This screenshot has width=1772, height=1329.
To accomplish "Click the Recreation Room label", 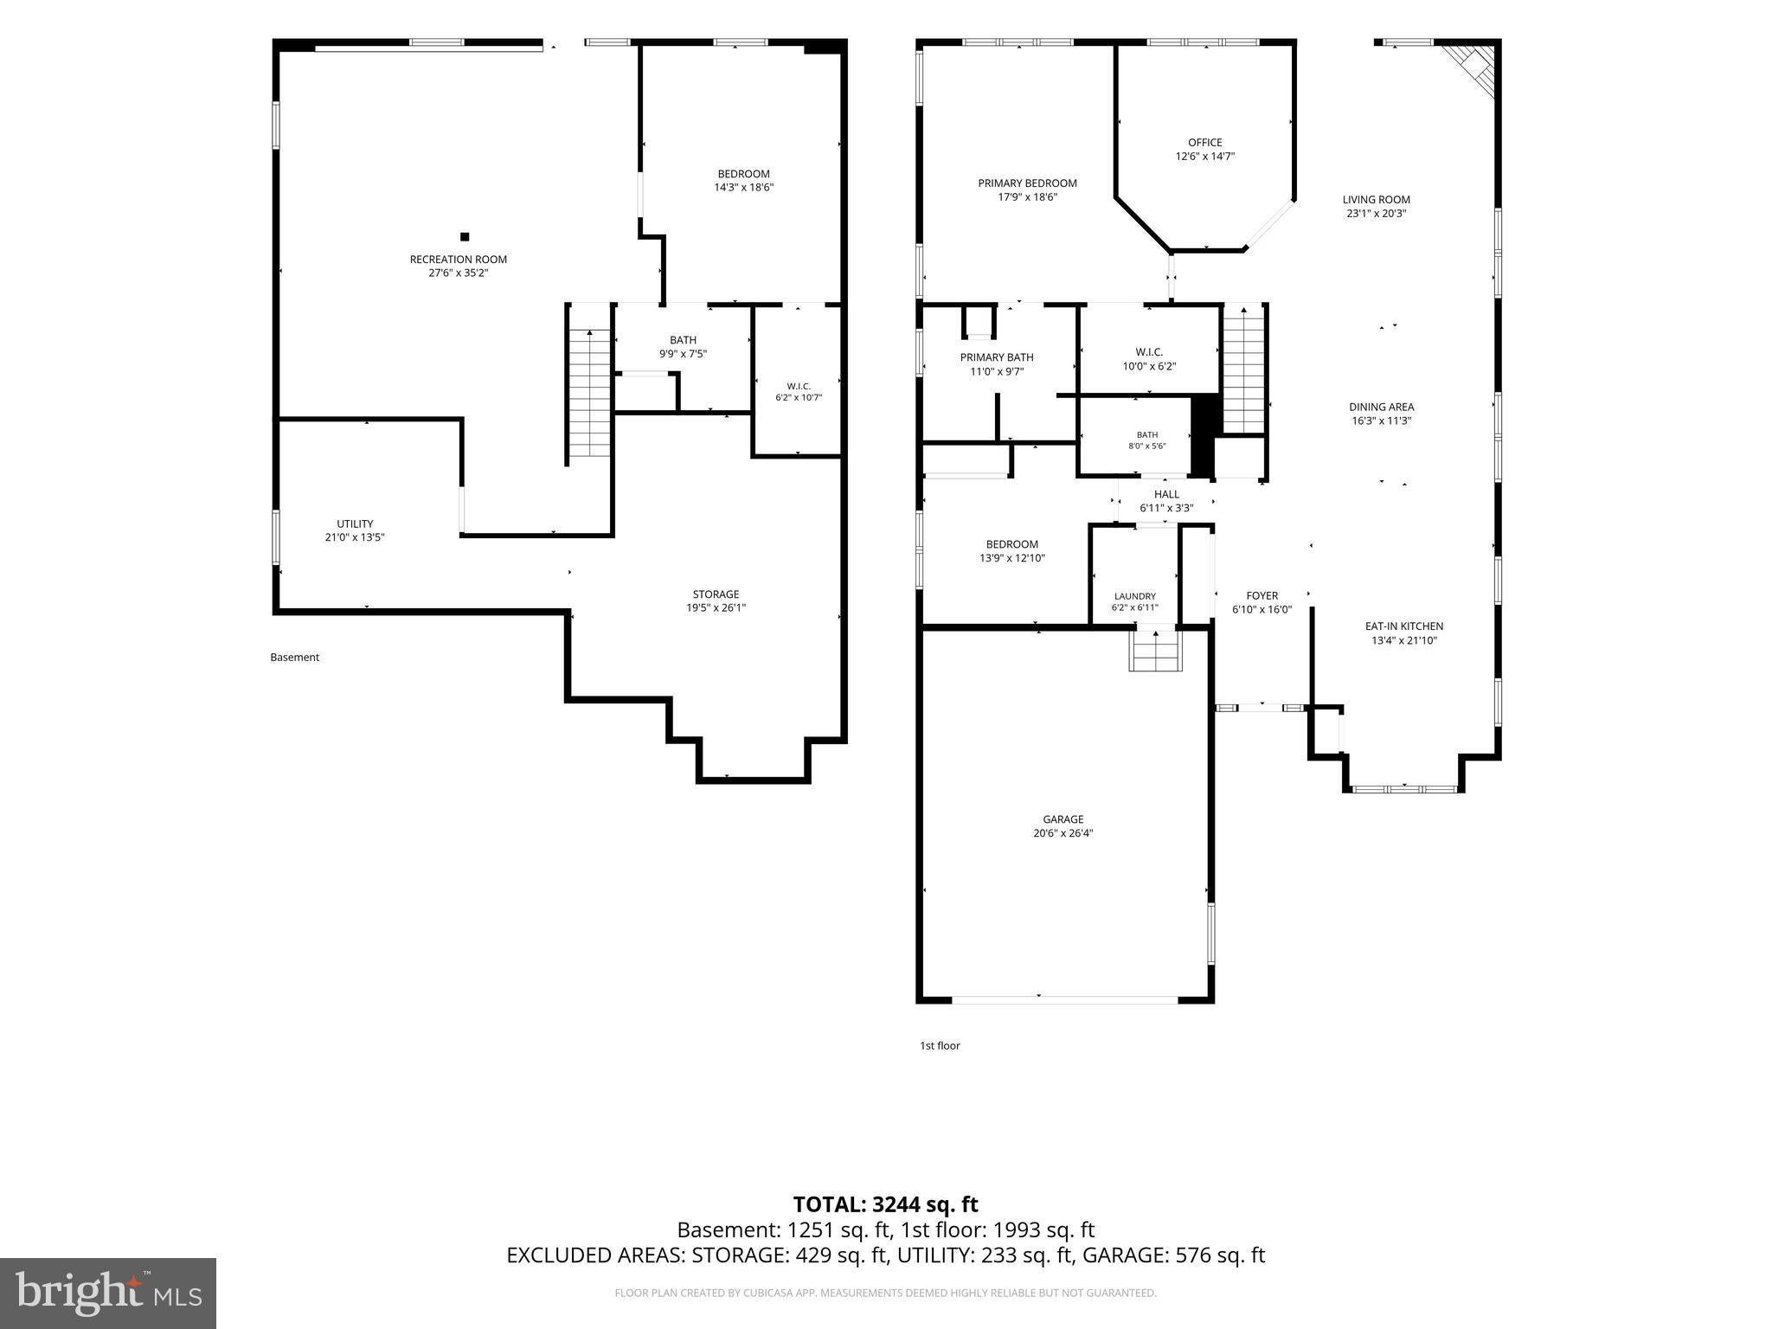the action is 458,260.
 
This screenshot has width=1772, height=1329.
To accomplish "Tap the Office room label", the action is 1204,143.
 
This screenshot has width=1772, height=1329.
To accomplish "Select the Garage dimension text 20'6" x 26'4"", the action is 1063,833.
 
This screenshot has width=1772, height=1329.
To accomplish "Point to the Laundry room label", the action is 1134,596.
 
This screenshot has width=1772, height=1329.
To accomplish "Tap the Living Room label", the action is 1376,200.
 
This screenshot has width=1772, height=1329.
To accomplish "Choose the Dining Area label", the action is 1381,408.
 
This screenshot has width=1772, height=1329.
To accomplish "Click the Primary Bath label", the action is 997,357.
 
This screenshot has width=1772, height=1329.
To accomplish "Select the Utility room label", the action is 355,523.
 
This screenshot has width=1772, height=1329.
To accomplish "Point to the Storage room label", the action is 716,594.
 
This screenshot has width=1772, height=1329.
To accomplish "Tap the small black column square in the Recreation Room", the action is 465,236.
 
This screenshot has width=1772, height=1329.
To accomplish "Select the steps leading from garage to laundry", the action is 1155,652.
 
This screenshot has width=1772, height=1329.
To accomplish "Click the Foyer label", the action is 1262,595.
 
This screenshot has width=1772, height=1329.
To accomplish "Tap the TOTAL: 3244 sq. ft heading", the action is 885,1204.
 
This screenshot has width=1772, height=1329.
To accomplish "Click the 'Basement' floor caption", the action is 294,658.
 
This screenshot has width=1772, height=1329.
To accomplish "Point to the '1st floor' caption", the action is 940,1045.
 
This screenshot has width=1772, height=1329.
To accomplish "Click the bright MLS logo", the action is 107,1294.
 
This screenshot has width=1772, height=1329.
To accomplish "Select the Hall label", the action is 1166,495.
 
